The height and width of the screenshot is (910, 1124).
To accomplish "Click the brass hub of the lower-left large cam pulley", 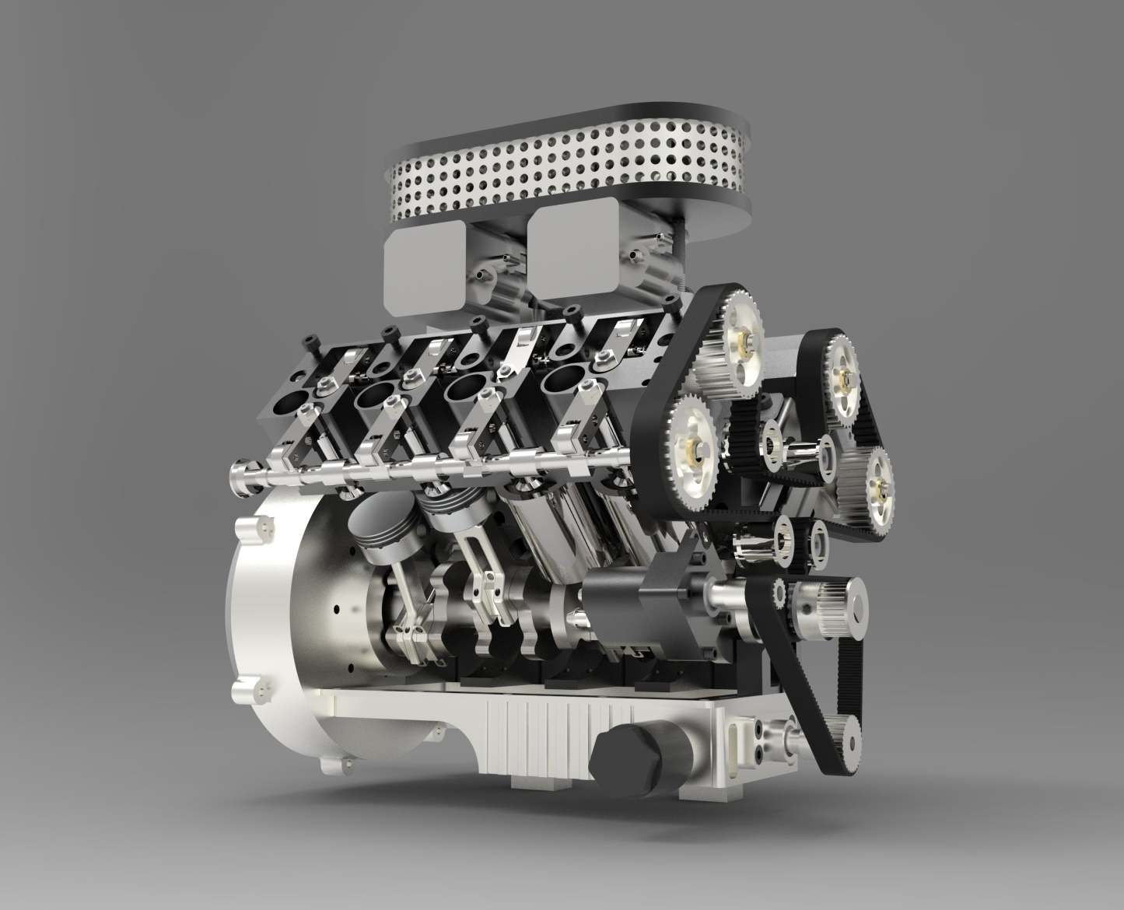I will (691, 446).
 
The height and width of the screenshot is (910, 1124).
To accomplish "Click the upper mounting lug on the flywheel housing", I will (257, 529).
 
